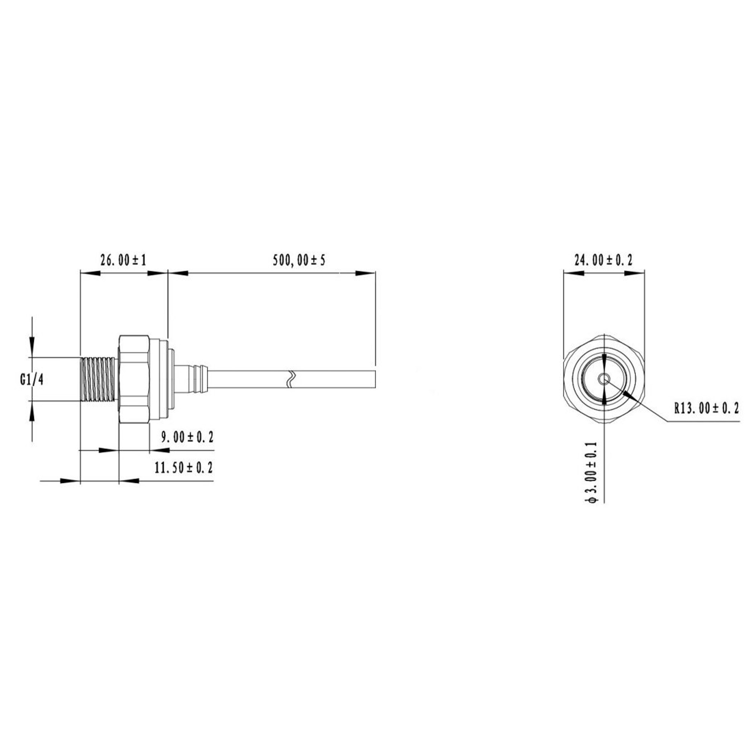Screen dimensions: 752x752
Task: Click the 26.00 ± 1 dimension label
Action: [x=123, y=260]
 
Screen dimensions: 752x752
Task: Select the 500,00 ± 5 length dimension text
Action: [x=299, y=260]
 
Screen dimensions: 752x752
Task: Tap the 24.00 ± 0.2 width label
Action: [x=603, y=260]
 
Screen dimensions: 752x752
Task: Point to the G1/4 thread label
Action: [x=32, y=379]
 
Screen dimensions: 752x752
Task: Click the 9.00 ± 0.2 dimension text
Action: [x=187, y=437]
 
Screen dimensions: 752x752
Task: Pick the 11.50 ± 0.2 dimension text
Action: [x=184, y=467]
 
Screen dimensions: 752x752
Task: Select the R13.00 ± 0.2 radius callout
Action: [x=707, y=408]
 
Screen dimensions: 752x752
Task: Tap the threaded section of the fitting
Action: [x=99, y=379]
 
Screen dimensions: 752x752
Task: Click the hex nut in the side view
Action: [x=133, y=379]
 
